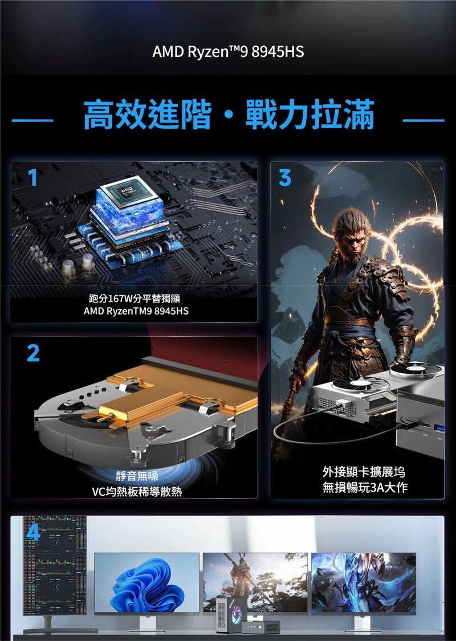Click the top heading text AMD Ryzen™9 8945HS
pyautogui.click(x=228, y=52)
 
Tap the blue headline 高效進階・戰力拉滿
pyautogui.click(x=229, y=115)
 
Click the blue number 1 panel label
pyautogui.click(x=33, y=177)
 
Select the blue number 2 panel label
pyautogui.click(x=33, y=353)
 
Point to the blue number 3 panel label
pyautogui.click(x=285, y=177)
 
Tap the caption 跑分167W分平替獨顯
pyautogui.click(x=135, y=299)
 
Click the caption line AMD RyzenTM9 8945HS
pyautogui.click(x=136, y=312)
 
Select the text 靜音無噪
pyautogui.click(x=137, y=476)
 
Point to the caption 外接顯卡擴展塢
pyautogui.click(x=364, y=472)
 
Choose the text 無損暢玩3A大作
pyautogui.click(x=365, y=487)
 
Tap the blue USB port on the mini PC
pyautogui.click(x=439, y=428)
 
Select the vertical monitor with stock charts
pyautogui.click(x=55, y=565)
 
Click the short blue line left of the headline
pyautogui.click(x=32, y=121)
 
